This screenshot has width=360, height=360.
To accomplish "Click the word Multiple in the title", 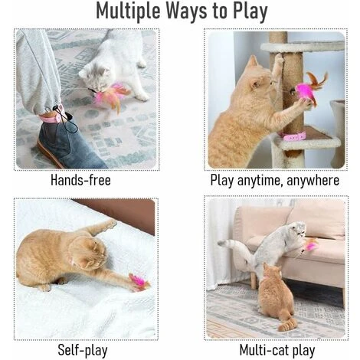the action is click(x=128, y=11).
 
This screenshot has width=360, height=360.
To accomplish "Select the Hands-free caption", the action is click(x=80, y=180).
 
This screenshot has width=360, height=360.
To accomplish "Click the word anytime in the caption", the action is click(x=259, y=181).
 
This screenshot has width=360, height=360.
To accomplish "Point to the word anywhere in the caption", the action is click(x=313, y=180).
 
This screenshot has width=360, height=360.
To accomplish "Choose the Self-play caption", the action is click(x=83, y=350).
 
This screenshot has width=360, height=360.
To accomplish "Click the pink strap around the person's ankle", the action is click(x=52, y=117).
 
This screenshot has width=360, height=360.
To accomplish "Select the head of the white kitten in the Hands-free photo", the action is click(x=94, y=75).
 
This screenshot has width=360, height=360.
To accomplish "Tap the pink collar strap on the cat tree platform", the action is click(x=293, y=136).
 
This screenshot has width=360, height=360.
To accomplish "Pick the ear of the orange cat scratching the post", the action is click(x=253, y=62).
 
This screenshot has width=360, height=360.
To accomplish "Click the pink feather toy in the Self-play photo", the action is click(x=139, y=282).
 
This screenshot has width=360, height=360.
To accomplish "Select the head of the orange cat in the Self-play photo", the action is click(x=88, y=253).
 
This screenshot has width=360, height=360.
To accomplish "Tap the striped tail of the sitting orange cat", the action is click(x=288, y=324).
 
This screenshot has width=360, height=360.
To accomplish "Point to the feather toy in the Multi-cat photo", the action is click(x=309, y=246).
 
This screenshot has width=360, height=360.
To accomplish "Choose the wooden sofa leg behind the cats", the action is click(x=254, y=279).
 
